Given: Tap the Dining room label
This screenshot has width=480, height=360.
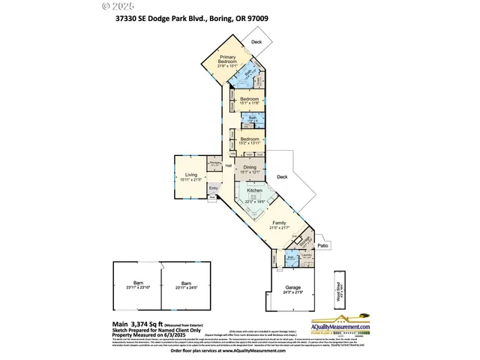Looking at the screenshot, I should (x=249, y=168).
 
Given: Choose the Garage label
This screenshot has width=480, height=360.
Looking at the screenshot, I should (x=292, y=288).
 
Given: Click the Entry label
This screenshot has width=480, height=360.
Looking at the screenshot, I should (x=214, y=188).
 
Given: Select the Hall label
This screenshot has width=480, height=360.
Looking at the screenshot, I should (x=229, y=166).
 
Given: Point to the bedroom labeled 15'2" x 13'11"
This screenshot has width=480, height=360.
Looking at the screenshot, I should (x=249, y=140).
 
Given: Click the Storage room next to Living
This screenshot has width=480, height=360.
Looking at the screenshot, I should (x=214, y=162).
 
